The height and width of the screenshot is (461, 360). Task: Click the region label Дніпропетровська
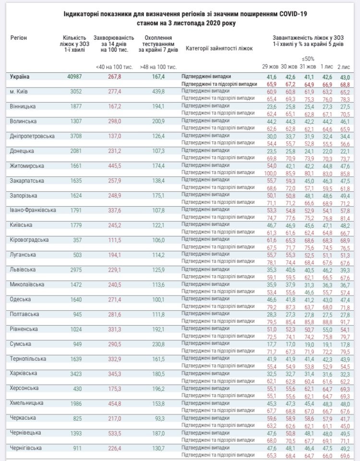click(x=32, y=136)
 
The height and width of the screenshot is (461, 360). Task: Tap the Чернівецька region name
click(x=27, y=434)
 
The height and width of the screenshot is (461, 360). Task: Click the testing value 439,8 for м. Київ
click(x=157, y=92)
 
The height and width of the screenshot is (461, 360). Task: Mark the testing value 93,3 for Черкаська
click(x=159, y=419)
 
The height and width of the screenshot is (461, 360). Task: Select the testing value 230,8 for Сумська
click(x=157, y=344)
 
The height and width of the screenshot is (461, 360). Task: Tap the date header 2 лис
click(x=344, y=66)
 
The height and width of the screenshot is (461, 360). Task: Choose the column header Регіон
click(x=19, y=37)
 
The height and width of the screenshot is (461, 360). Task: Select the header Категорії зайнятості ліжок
click(x=219, y=48)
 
